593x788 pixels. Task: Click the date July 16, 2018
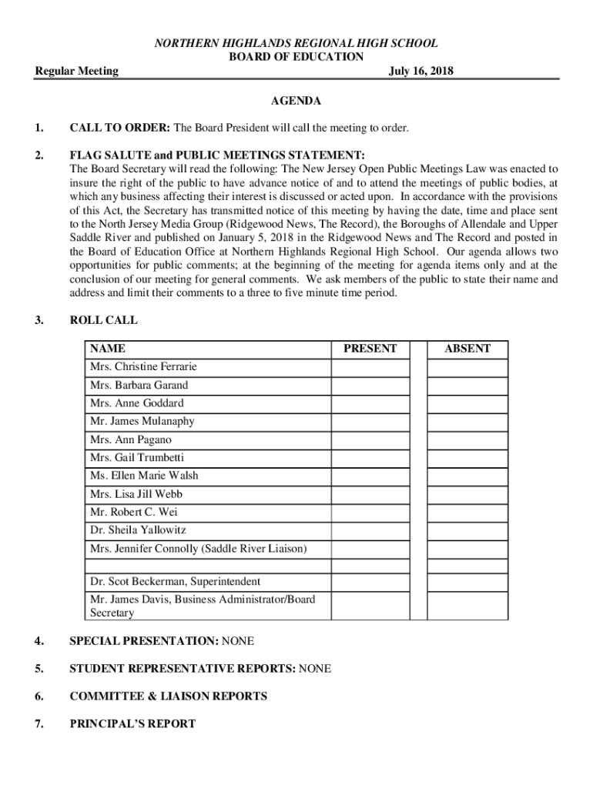[x=421, y=71]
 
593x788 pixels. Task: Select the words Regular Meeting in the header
[x=77, y=71]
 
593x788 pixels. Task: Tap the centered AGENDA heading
[x=296, y=101]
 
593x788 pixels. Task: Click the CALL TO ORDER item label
[x=121, y=127]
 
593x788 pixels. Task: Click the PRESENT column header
[x=370, y=349]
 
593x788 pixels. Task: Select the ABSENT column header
[x=467, y=349]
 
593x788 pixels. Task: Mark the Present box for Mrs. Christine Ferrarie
[x=370, y=367]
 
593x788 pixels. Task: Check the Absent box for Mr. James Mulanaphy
[x=467, y=422]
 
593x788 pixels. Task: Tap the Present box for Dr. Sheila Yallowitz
[x=370, y=530]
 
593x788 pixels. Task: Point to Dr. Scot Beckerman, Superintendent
[x=175, y=581]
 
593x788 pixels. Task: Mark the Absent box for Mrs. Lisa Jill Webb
[x=467, y=494]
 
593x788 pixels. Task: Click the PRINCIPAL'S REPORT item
[x=132, y=723]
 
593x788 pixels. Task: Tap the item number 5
[x=39, y=668]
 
